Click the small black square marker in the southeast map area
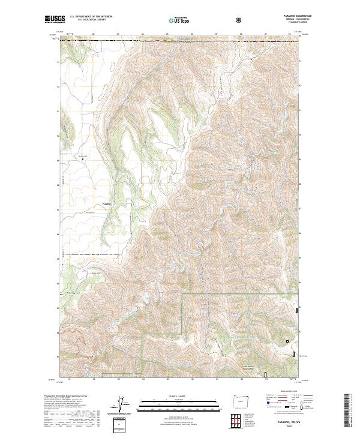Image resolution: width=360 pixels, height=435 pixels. click(x=287, y=341)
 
